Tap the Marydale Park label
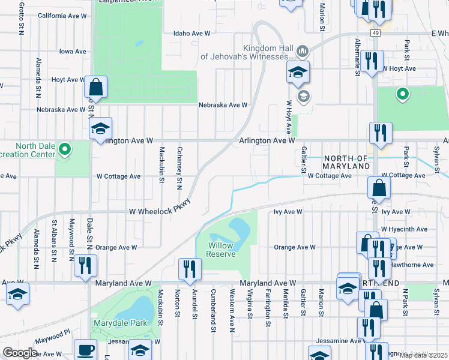click(120, 323)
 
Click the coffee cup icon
click(85, 350)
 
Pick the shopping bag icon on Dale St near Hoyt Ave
click(95, 88)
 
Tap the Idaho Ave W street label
click(192, 34)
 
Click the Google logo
click(20, 353)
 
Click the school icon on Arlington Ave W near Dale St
click(101, 128)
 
